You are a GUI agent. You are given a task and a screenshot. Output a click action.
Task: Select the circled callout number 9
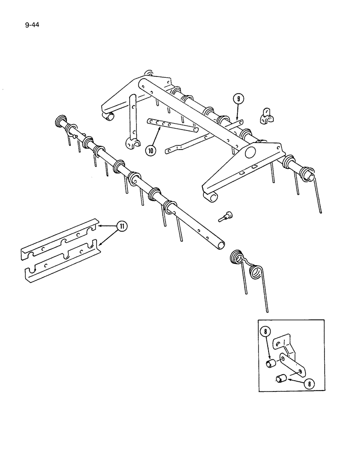[238, 98]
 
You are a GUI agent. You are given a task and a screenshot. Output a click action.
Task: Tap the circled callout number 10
[151, 150]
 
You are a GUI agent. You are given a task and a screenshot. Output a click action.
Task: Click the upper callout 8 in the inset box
[265, 333]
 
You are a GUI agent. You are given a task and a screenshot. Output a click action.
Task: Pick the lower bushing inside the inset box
[280, 378]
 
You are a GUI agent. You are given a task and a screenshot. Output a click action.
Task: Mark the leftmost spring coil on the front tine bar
[61, 122]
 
